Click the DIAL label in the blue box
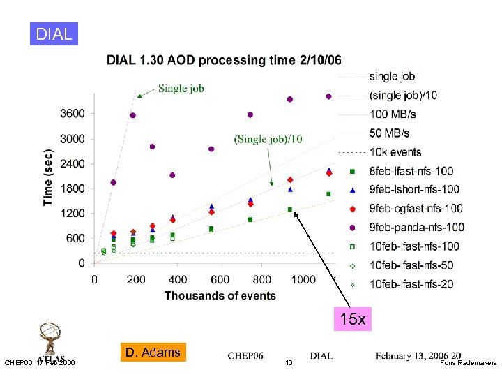(x=54, y=34)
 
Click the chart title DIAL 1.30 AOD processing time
(x=224, y=60)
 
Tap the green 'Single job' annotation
(x=181, y=88)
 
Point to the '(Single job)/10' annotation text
(x=268, y=139)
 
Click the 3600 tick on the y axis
(x=73, y=113)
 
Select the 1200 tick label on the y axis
(x=73, y=213)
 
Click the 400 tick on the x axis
(x=178, y=279)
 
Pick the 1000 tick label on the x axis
(x=303, y=279)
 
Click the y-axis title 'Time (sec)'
(x=48, y=176)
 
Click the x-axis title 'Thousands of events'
(x=220, y=295)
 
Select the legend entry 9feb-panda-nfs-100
(x=416, y=227)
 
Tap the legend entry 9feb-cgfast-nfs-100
(x=416, y=208)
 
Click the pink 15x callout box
(x=353, y=319)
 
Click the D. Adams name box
(x=153, y=352)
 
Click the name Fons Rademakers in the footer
(x=469, y=363)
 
